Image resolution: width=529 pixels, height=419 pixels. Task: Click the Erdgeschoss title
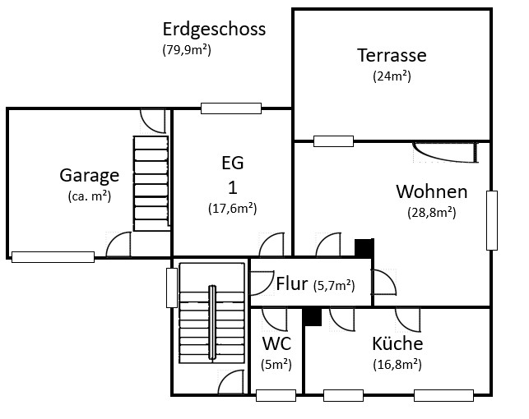pyautogui.click(x=214, y=30)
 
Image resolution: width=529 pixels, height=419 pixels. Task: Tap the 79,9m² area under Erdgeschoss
pyautogui.click(x=187, y=50)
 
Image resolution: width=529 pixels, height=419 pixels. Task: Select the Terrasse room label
pyautogui.click(x=392, y=55)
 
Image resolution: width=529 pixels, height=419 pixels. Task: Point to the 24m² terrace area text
pyautogui.click(x=392, y=76)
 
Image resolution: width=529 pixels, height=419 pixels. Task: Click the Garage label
pyautogui.click(x=90, y=176)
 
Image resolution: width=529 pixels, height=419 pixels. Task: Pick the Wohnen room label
pyautogui.click(x=432, y=191)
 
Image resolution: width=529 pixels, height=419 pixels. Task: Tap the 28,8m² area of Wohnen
pyautogui.click(x=432, y=213)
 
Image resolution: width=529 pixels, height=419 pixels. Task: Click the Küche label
pyautogui.click(x=397, y=343)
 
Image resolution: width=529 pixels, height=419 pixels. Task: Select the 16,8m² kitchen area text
pyautogui.click(x=397, y=365)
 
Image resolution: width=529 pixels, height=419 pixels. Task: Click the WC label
pyautogui.click(x=276, y=343)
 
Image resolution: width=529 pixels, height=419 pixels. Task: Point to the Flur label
pyautogui.click(x=292, y=283)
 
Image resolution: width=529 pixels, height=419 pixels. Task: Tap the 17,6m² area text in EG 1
pyautogui.click(x=233, y=209)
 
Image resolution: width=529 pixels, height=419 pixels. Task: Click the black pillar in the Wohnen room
pyautogui.click(x=364, y=247)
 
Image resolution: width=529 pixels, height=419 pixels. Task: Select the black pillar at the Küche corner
pyautogui.click(x=312, y=317)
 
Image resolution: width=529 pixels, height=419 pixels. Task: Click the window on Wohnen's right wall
pyautogui.click(x=492, y=221)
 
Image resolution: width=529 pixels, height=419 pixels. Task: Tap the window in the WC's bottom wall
pyautogui.click(x=276, y=395)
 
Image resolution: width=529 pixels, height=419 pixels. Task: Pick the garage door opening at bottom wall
pyautogui.click(x=53, y=257)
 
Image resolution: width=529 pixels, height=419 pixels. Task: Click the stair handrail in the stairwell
pyautogui.click(x=212, y=324)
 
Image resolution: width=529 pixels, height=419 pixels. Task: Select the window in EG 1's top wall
pyautogui.click(x=231, y=108)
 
